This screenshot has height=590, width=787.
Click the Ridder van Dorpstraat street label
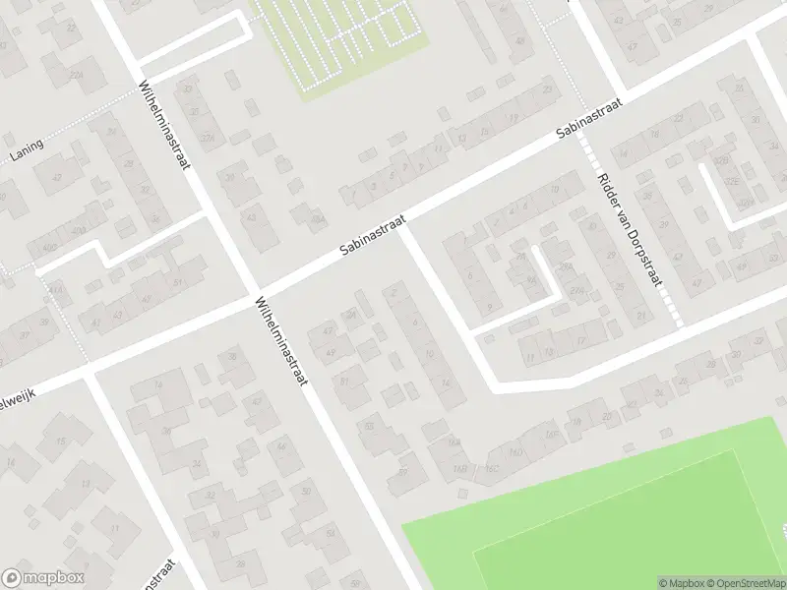pos(630,239)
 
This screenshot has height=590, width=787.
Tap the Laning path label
pos(29,148)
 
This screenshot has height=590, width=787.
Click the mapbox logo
pos(43,578)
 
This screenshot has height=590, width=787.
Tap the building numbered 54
pos(331,533)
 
